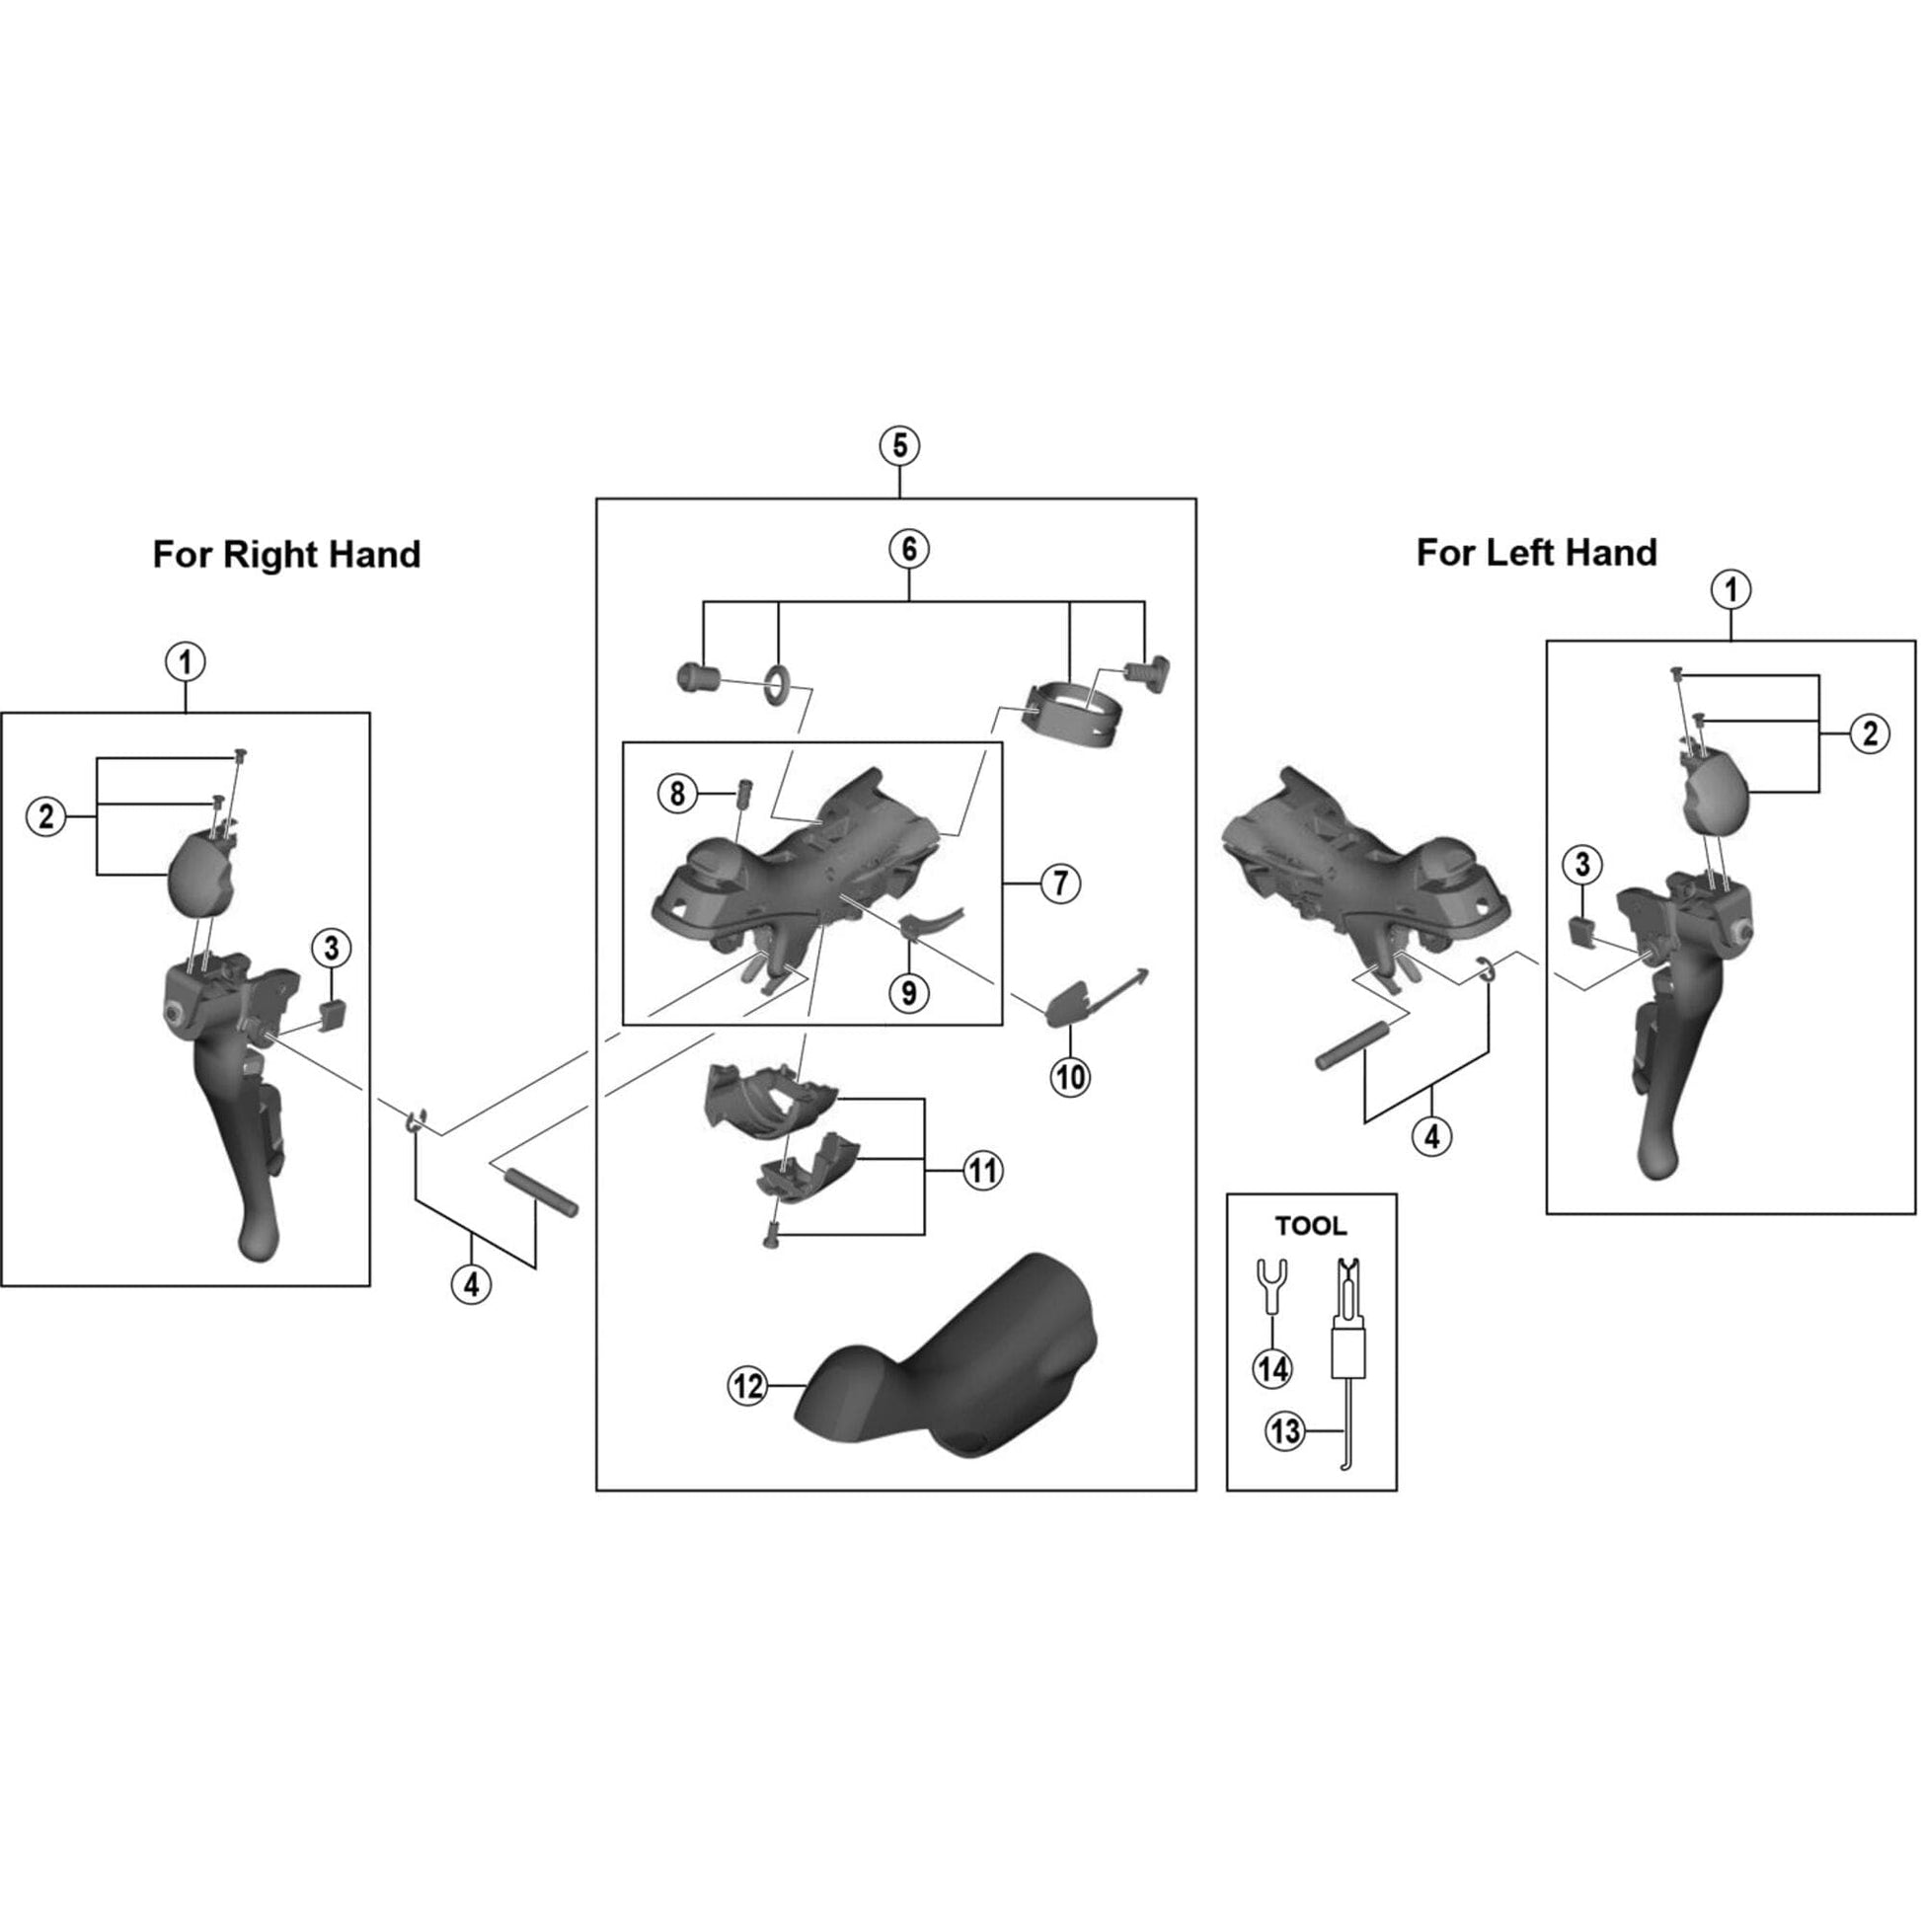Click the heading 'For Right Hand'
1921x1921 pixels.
(286, 554)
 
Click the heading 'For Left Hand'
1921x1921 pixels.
(1536, 552)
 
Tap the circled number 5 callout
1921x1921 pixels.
(899, 445)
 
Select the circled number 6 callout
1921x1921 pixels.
(909, 549)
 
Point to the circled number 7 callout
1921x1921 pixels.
(1060, 882)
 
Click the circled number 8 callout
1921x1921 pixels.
(677, 794)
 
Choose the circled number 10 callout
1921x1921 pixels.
(1070, 1076)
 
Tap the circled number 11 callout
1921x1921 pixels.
(982, 1171)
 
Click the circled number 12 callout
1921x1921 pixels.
(747, 1386)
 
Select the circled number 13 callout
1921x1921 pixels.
(1284, 1431)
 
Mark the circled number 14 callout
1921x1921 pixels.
(1272, 1369)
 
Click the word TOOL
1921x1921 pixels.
(1311, 1226)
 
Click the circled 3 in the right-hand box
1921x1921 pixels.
(331, 948)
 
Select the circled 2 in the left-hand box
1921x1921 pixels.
(1870, 733)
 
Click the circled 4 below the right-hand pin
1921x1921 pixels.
(471, 1284)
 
